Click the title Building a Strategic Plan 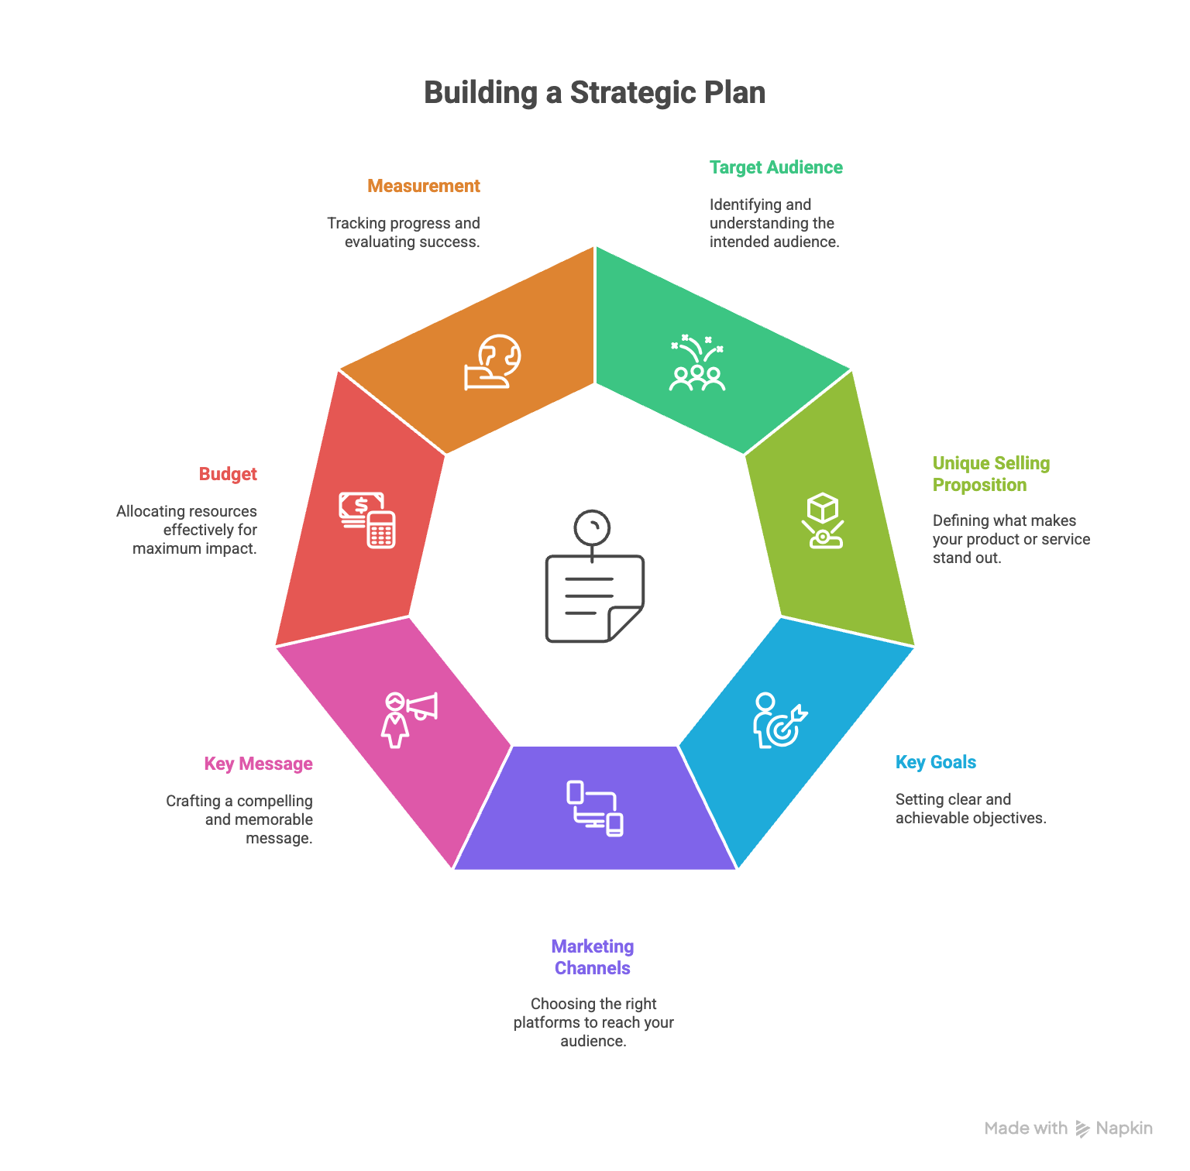tap(594, 93)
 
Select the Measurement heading tap(423, 186)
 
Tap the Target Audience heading tap(776, 167)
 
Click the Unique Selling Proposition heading tap(990, 474)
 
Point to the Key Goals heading tap(935, 762)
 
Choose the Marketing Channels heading tap(593, 957)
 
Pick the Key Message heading tap(258, 764)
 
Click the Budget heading tap(228, 474)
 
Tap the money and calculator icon tap(367, 520)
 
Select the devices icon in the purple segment tap(594, 809)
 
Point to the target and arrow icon tap(779, 720)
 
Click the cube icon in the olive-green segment tap(822, 520)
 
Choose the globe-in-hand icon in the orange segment tap(493, 362)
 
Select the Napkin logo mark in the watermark tap(1082, 1129)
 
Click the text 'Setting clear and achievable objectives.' tap(970, 809)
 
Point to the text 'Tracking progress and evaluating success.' tap(404, 232)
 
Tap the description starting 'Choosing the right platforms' tap(593, 1022)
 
